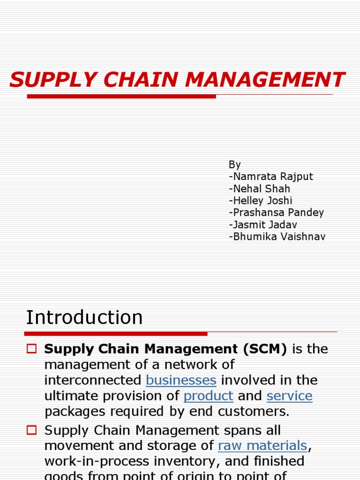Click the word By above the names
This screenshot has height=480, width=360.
[234, 165]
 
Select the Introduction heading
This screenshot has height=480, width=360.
[84, 317]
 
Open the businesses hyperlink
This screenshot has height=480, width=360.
[181, 380]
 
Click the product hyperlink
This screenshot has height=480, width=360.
[208, 396]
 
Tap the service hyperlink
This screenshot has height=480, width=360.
[289, 396]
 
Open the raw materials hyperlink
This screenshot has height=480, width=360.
[262, 445]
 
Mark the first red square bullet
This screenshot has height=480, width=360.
[31, 349]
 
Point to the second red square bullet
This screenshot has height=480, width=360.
[31, 429]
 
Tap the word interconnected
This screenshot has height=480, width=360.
[93, 380]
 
